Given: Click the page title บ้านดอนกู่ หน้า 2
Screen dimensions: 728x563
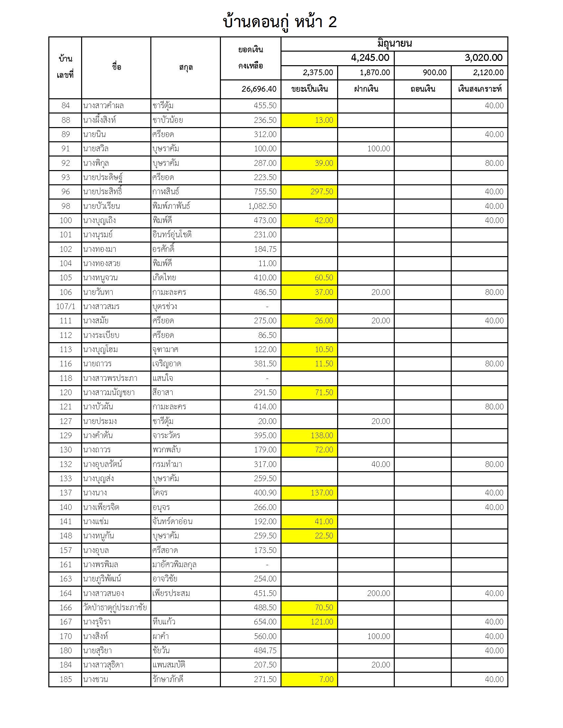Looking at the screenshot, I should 280,22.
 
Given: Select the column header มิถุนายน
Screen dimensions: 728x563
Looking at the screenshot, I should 394,44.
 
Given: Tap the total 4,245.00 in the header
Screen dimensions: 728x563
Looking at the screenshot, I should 370,58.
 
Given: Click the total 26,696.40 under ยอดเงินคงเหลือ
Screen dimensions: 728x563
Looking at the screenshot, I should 259,89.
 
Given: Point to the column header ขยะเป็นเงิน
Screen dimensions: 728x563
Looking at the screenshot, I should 309,89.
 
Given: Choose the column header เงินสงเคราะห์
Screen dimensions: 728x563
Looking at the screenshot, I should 479,89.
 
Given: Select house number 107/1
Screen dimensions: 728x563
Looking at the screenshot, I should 65,306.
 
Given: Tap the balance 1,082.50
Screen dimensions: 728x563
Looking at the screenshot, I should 262,206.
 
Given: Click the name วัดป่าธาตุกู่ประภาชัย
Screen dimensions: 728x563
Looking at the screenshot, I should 115,607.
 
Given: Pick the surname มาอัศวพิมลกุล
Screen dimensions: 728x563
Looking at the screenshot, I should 174,564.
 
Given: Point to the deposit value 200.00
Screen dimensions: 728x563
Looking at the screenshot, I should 378,593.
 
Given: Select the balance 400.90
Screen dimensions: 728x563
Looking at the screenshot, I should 265,493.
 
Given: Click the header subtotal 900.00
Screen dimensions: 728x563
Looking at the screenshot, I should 434,73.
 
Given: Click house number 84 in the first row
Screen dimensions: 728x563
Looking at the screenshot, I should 65,106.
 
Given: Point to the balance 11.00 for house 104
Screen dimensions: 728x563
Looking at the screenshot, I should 267,263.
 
